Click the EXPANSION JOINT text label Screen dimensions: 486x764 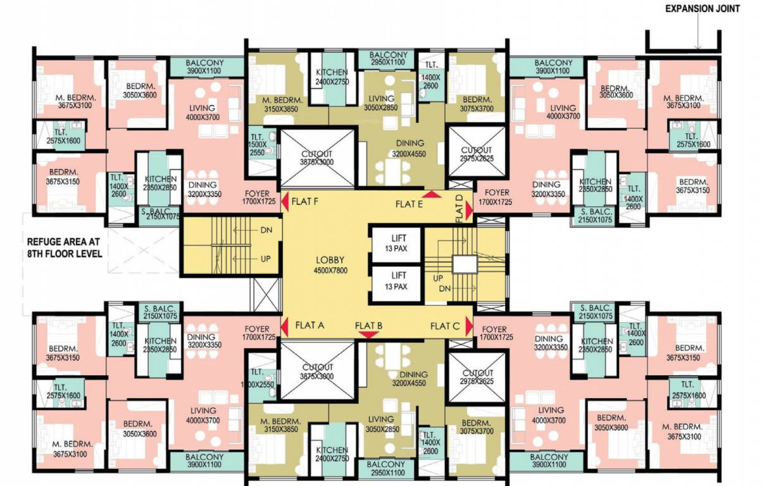click(701, 9)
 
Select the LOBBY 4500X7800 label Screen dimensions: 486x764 click(330, 265)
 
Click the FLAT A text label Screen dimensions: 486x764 click(310, 325)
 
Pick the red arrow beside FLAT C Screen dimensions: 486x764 click(468, 326)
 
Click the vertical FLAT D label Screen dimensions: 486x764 click(460, 208)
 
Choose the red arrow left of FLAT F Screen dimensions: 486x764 click(285, 202)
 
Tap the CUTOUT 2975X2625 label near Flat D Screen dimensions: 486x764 click(477, 154)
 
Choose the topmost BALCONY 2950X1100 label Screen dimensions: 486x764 click(387, 59)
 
